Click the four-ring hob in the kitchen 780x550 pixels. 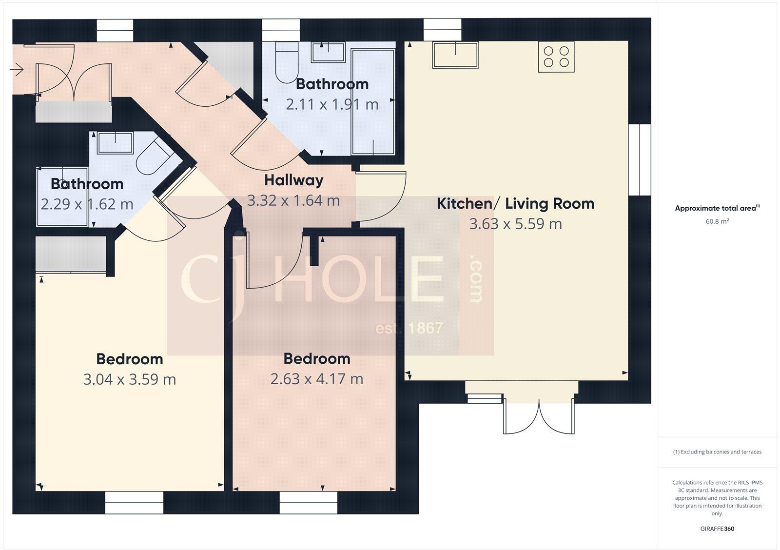[x=556, y=57]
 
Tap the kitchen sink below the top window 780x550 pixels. [x=455, y=55]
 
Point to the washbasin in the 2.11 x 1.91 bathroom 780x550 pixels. [x=328, y=52]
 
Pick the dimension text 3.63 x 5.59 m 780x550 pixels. [x=515, y=224]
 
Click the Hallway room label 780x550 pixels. [x=293, y=180]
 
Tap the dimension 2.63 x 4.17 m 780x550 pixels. [x=317, y=379]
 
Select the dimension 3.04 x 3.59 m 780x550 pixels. [x=129, y=379]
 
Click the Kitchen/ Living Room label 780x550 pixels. [x=515, y=203]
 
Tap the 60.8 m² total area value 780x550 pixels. [x=717, y=221]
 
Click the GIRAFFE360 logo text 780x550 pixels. [x=717, y=529]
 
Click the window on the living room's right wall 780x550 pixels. [x=639, y=160]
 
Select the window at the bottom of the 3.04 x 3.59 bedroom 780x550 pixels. [x=134, y=502]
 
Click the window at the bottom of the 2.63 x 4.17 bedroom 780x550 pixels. [x=308, y=502]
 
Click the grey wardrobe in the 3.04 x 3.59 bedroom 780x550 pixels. [x=71, y=254]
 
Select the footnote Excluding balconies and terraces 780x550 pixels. [x=717, y=452]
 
